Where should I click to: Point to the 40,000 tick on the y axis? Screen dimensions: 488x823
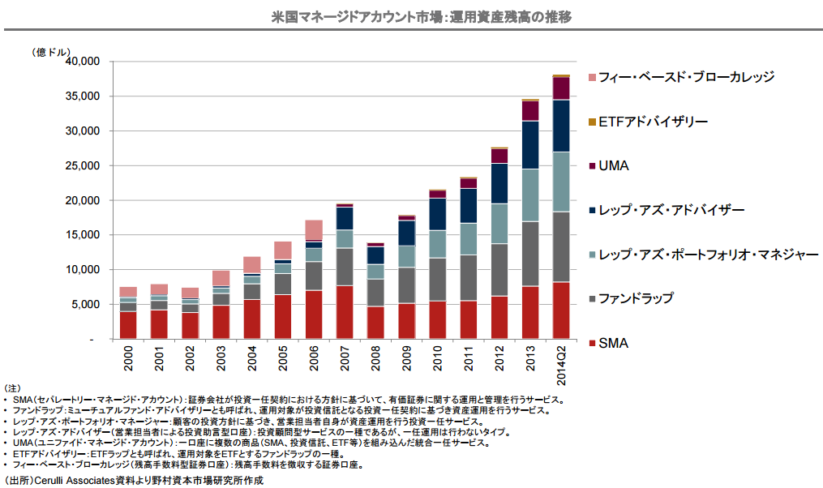[81, 62]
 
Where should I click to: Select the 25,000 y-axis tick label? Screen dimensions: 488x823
[81, 165]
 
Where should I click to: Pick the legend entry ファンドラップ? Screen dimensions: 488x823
[636, 298]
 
